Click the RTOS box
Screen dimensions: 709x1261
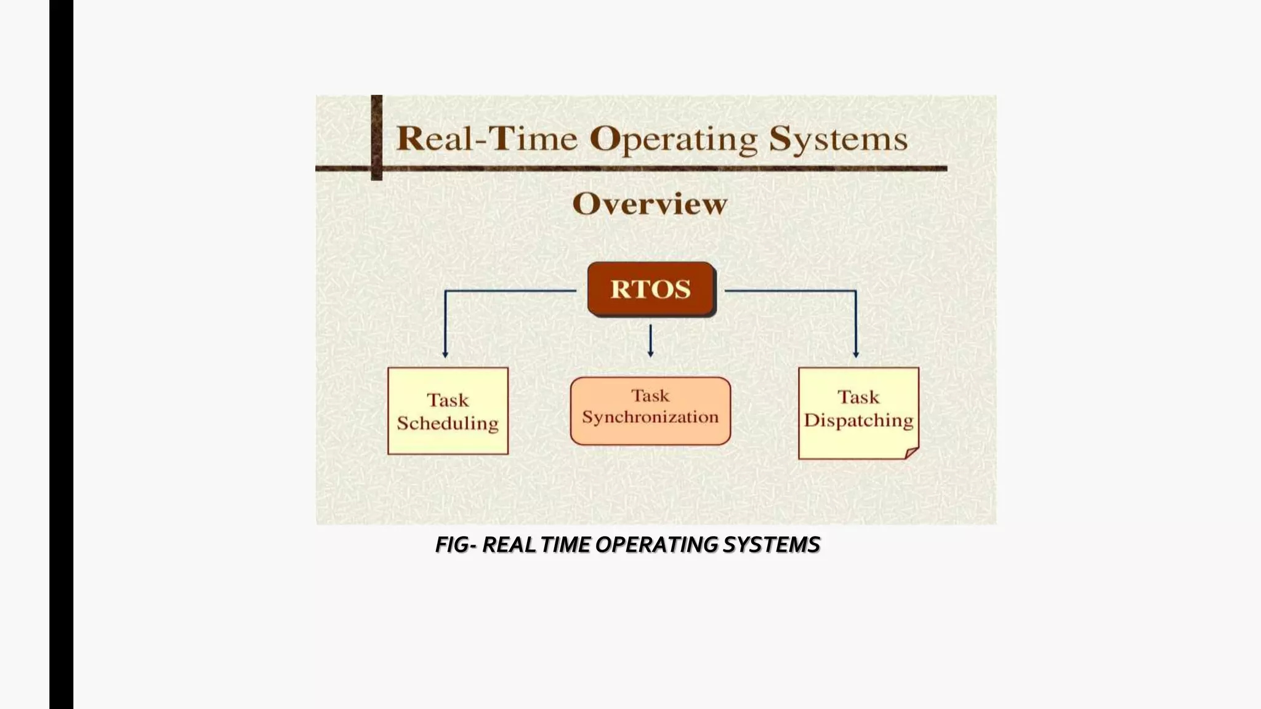click(651, 289)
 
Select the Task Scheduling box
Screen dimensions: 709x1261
click(448, 411)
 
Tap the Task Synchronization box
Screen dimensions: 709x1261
click(650, 411)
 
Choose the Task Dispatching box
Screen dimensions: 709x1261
click(858, 412)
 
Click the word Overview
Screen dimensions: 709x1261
click(650, 204)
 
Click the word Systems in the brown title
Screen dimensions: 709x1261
click(838, 140)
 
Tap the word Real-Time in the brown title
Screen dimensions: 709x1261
click(487, 138)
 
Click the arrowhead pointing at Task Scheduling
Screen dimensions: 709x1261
click(445, 354)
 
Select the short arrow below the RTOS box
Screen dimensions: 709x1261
click(650, 341)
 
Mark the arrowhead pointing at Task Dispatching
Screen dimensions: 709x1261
click(855, 354)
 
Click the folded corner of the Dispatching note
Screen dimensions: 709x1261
click(911, 453)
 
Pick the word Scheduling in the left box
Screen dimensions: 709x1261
click(448, 423)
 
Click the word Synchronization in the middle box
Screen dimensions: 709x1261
click(650, 417)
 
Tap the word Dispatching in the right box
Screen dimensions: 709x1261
click(858, 420)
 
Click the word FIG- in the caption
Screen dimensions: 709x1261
click(456, 545)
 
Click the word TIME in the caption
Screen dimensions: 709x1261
click(565, 545)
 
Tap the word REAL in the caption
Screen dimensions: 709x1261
click(509, 545)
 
